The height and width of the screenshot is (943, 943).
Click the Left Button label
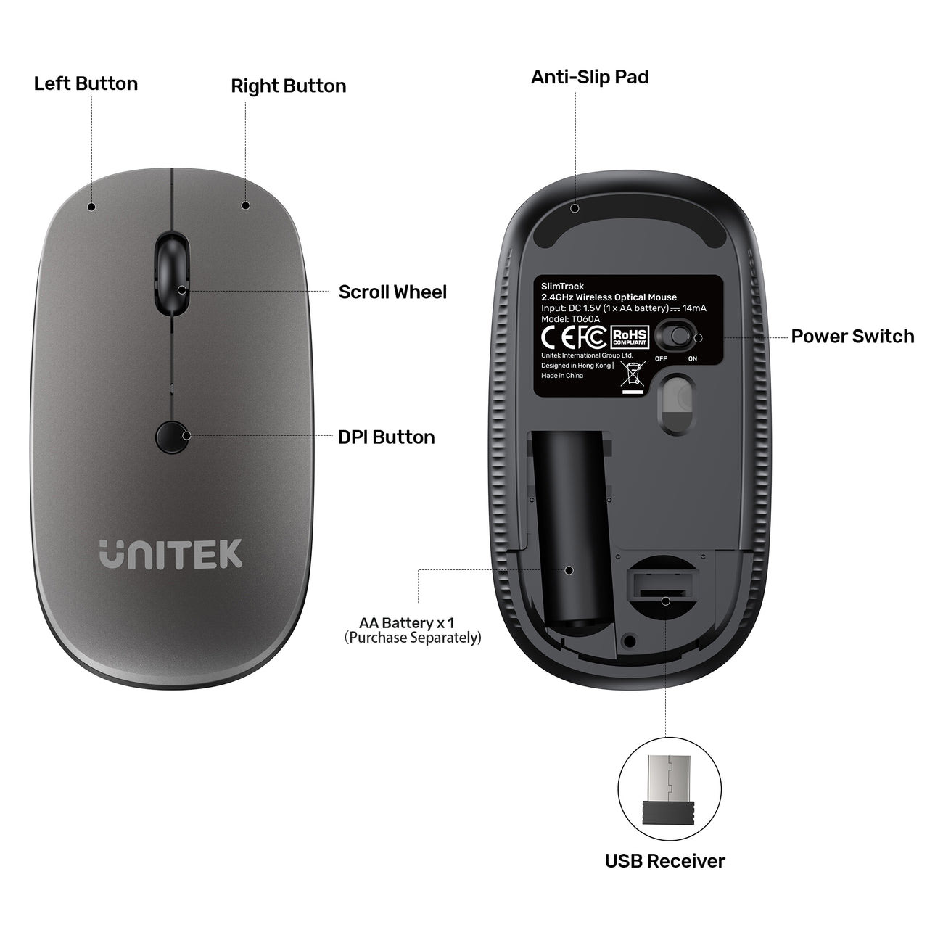(86, 83)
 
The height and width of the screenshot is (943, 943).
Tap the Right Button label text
(289, 86)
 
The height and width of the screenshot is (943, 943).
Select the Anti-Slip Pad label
(590, 77)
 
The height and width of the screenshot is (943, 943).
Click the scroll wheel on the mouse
(172, 274)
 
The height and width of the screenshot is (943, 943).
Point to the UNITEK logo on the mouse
(170, 554)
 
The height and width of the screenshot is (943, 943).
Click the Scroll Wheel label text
(392, 292)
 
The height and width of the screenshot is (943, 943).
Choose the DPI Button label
(386, 437)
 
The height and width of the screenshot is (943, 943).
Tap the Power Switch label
(852, 336)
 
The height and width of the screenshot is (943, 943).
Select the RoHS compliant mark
(630, 337)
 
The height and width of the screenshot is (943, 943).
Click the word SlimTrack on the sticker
(562, 287)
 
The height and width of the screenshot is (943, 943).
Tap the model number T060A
(585, 319)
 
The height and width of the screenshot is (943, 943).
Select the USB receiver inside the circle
(669, 794)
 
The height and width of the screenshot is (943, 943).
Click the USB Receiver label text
(664, 875)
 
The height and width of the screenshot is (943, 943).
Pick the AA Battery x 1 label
(407, 623)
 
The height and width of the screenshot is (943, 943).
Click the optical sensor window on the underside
(677, 404)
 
